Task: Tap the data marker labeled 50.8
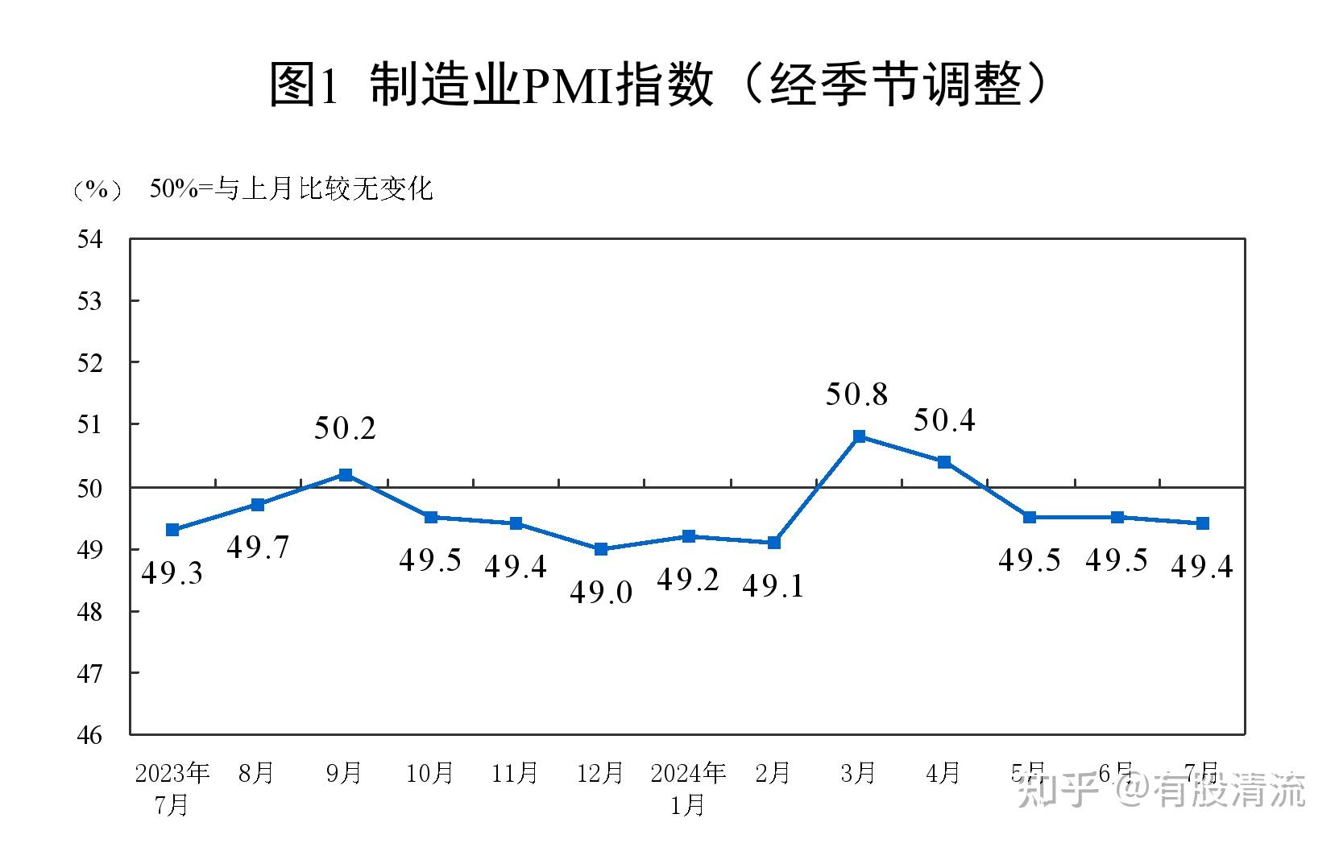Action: [x=859, y=436]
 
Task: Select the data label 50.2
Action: [x=345, y=428]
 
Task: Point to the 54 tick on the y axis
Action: [x=90, y=239]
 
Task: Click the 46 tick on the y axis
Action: [x=90, y=734]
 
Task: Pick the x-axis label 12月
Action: [x=600, y=773]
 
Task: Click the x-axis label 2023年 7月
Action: [x=172, y=788]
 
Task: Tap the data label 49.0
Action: [x=601, y=593]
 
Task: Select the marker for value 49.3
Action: [x=172, y=530]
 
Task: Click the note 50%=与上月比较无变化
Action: [x=291, y=189]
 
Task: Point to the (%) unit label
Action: [x=97, y=190]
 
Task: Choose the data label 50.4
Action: [x=943, y=420]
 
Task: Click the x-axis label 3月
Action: [x=857, y=773]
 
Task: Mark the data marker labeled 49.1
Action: [x=773, y=543]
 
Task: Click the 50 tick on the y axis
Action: [x=90, y=488]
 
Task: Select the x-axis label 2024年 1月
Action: [x=688, y=788]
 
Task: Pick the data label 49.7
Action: [x=258, y=548]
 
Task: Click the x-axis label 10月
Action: [x=429, y=773]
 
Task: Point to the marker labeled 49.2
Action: [x=688, y=536]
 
